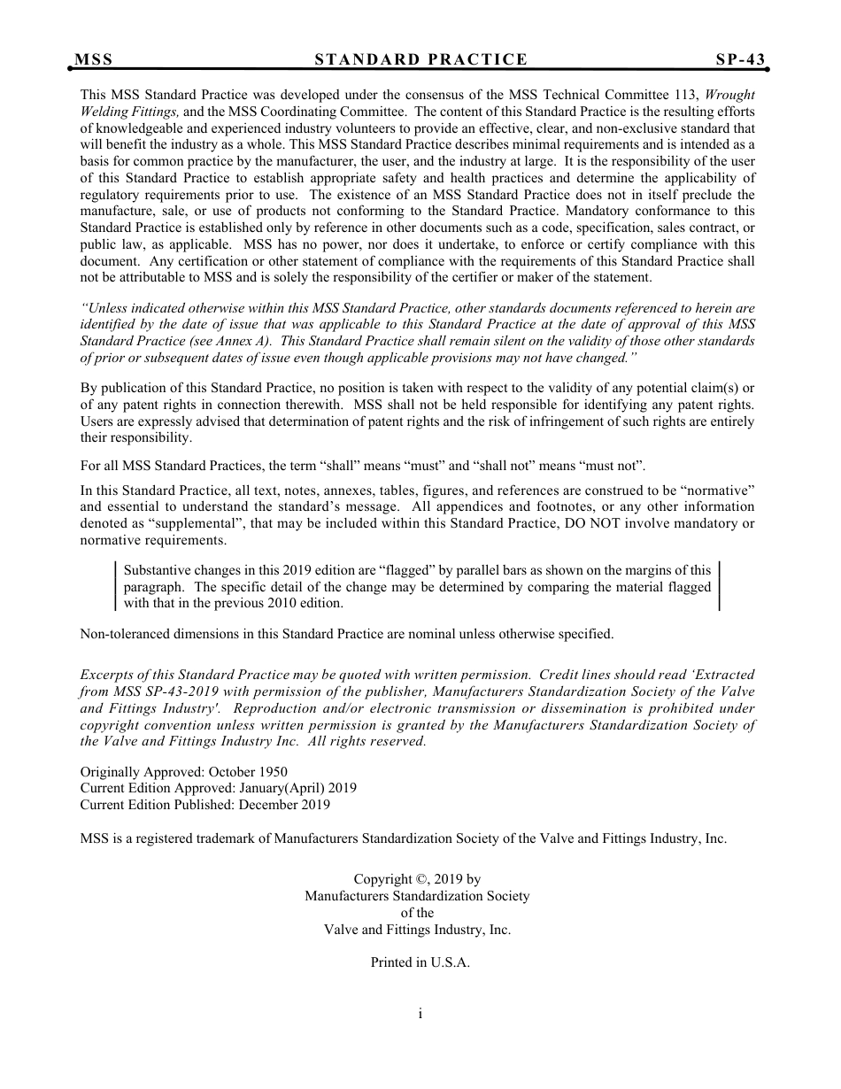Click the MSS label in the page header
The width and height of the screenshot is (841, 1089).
[93, 59]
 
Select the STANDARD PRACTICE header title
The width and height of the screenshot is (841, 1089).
[420, 59]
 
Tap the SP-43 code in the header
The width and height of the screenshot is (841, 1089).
[740, 59]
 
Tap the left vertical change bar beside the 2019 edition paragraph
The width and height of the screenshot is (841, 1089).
[117, 586]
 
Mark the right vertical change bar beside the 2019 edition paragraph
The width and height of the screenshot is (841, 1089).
[719, 586]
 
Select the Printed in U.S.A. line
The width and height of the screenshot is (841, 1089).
[420, 962]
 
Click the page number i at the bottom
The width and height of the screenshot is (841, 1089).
[420, 1014]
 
